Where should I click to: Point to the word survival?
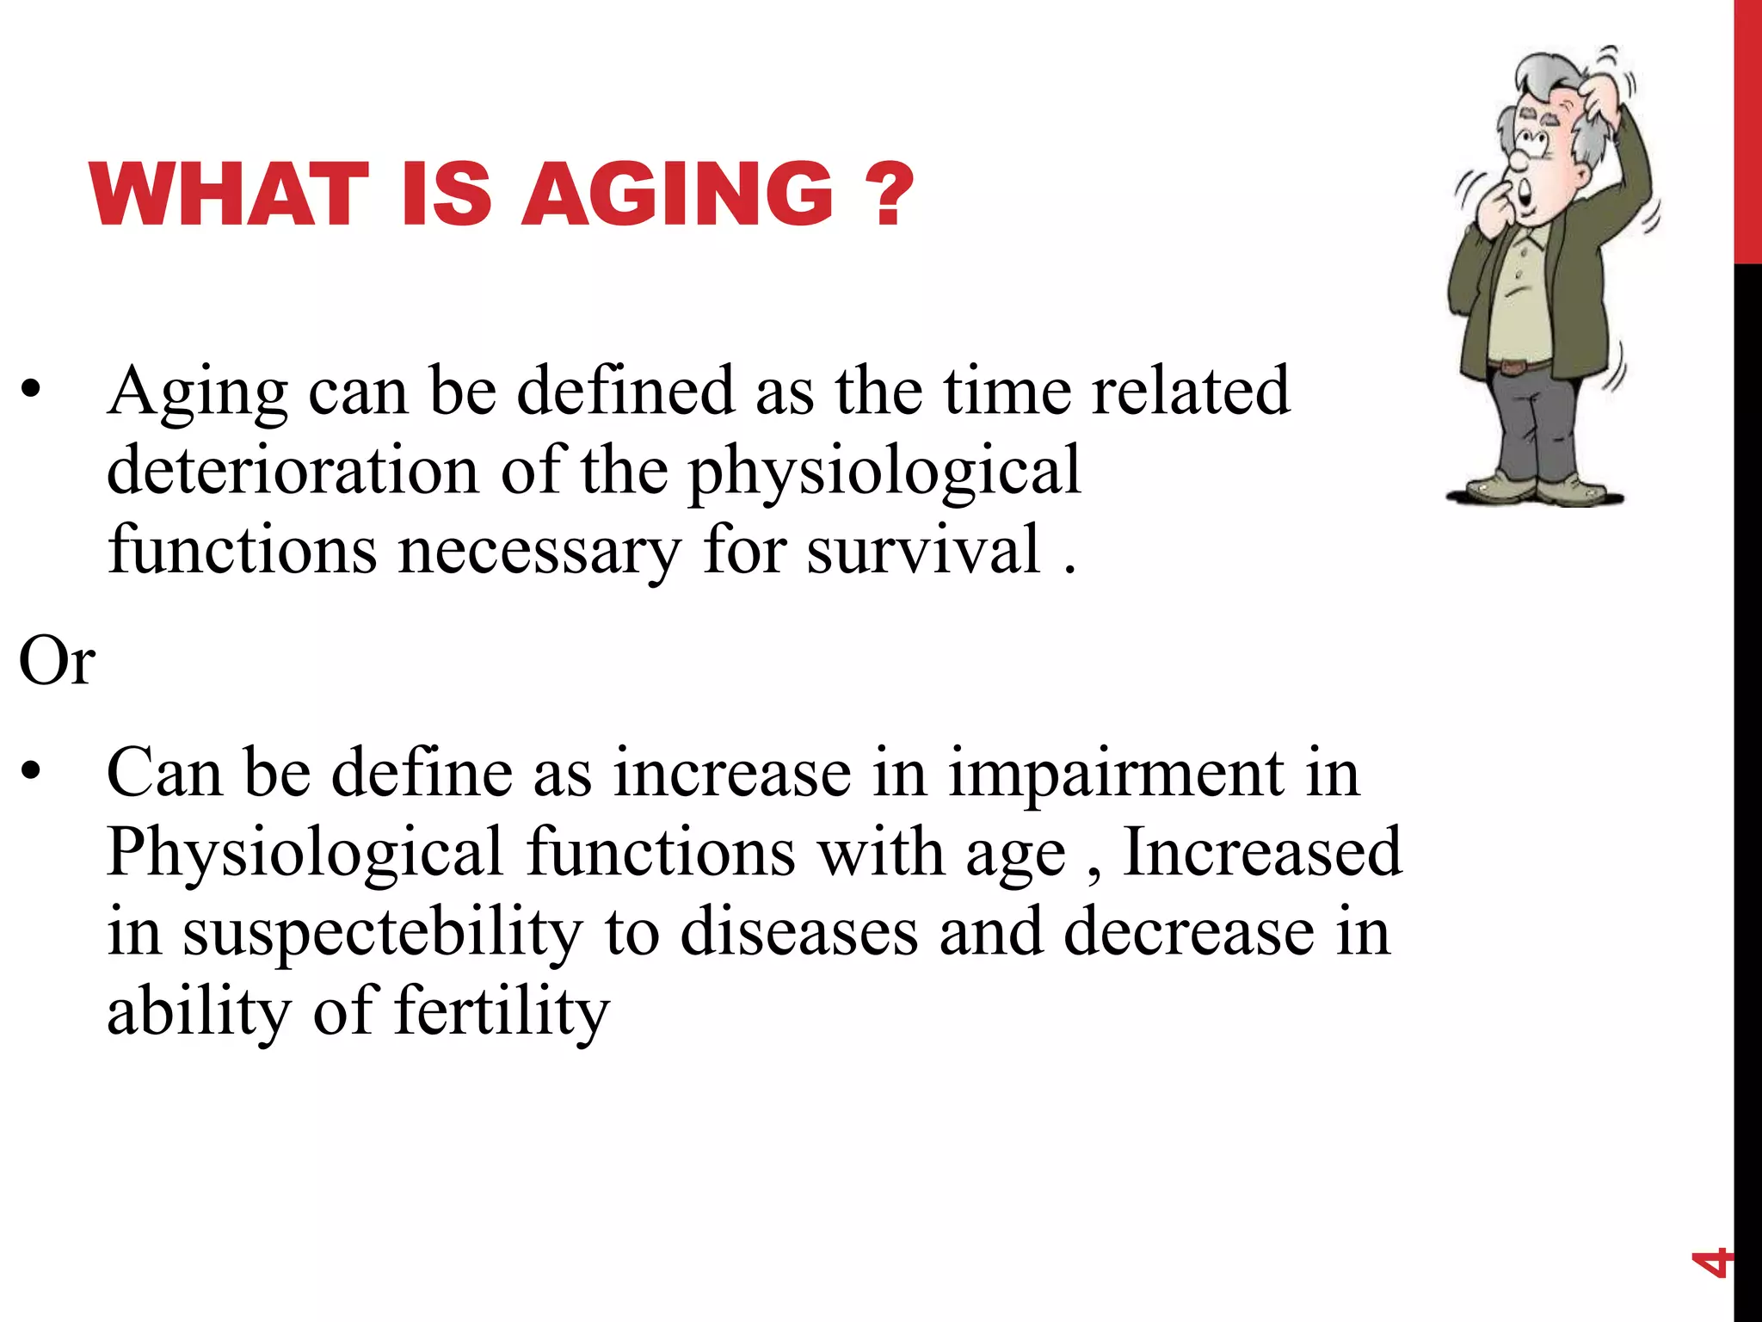click(923, 551)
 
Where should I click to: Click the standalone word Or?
click(57, 661)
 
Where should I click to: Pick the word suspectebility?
click(382, 933)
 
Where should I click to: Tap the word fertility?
click(502, 1012)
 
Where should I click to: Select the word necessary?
click(539, 551)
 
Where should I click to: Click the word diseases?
click(798, 933)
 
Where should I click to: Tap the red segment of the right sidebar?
click(1747, 129)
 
